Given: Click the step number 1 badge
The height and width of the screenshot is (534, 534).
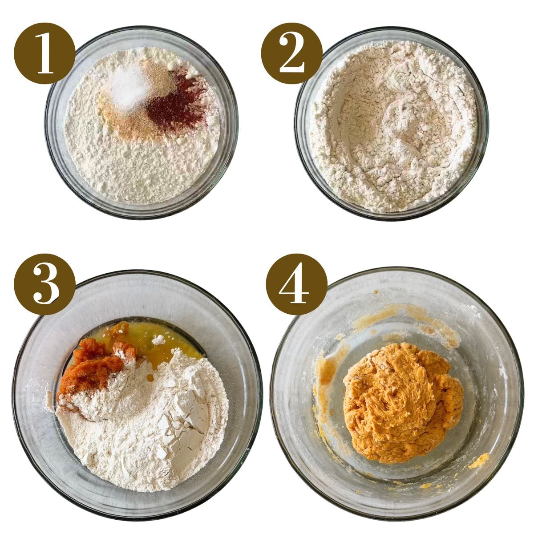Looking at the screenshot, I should pyautogui.click(x=44, y=53).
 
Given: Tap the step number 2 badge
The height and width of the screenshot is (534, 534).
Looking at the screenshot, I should pyautogui.click(x=291, y=53).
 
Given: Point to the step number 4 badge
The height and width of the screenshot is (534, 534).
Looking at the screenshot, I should pyautogui.click(x=296, y=284).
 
